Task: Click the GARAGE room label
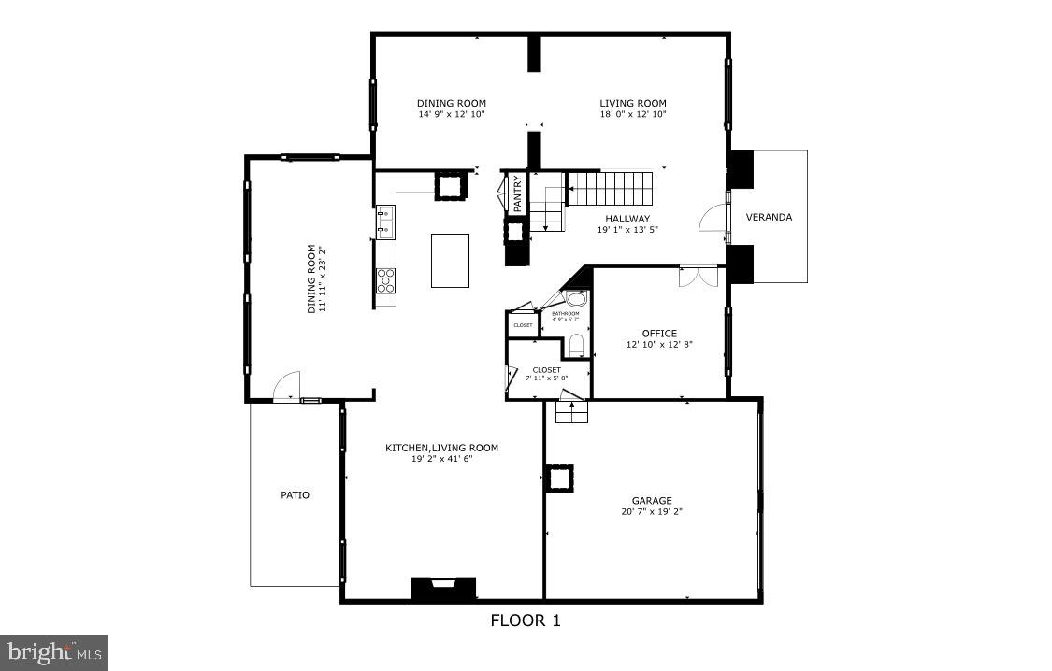click(x=651, y=501)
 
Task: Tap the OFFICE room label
click(x=659, y=334)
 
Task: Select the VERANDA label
click(x=769, y=218)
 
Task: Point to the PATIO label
click(x=295, y=495)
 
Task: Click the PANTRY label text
click(x=516, y=192)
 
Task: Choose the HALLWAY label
click(x=627, y=219)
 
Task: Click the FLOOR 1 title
click(x=526, y=620)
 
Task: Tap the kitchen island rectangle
click(x=449, y=261)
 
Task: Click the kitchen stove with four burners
click(x=386, y=280)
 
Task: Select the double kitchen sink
click(x=385, y=221)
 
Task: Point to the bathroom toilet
click(x=576, y=344)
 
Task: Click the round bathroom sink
click(x=577, y=299)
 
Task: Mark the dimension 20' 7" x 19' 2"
click(x=651, y=512)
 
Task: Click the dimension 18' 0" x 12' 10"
click(x=633, y=115)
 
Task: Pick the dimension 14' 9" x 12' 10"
click(x=452, y=115)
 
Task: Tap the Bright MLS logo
click(x=54, y=651)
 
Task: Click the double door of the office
click(x=698, y=277)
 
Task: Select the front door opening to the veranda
click(x=715, y=219)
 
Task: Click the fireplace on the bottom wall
click(x=443, y=588)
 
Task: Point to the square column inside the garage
click(x=561, y=479)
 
